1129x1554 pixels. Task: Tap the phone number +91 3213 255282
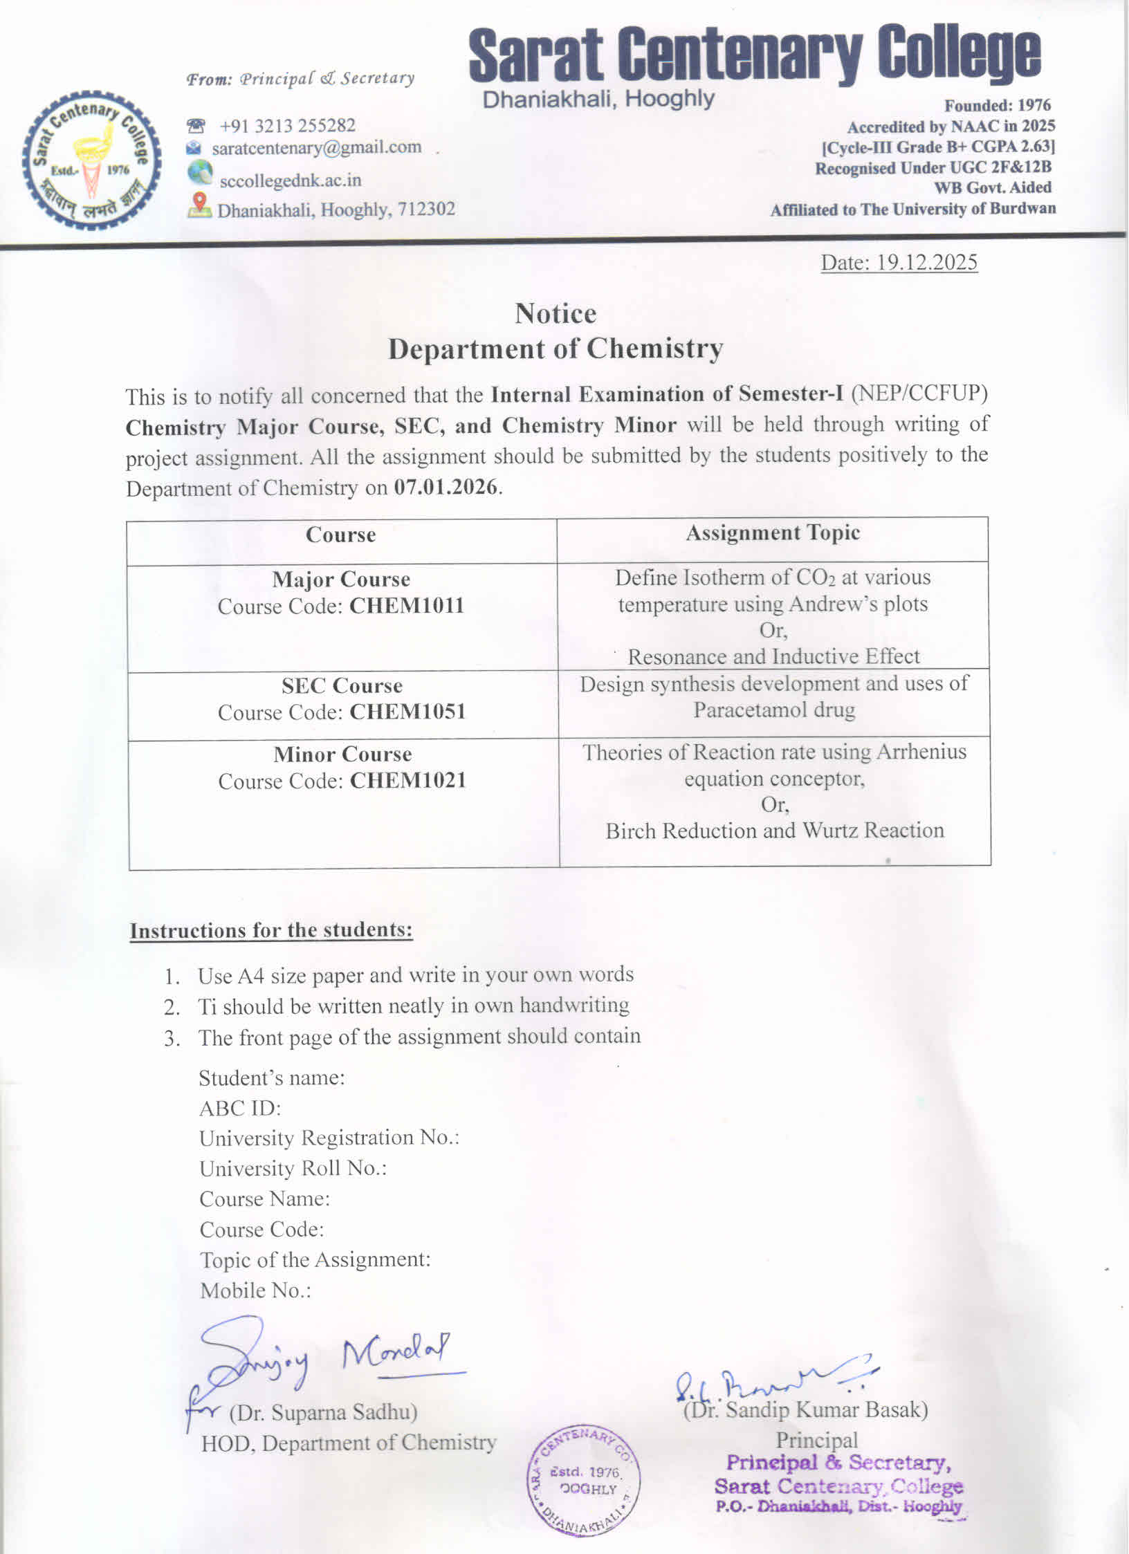287,125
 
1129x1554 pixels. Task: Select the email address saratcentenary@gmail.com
316,147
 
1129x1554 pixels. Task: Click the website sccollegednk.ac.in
290,181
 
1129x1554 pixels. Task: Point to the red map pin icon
200,204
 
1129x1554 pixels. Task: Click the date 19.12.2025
927,262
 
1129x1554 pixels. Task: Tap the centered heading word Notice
556,314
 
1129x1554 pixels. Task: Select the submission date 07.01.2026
446,487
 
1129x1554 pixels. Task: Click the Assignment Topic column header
773,533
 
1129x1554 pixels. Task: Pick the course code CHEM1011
407,606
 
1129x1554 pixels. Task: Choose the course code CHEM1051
407,712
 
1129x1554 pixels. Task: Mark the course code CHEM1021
408,781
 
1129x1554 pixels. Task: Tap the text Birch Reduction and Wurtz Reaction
775,830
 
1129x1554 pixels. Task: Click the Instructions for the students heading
271,930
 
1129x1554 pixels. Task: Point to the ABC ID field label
240,1109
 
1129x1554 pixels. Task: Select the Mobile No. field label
255,1290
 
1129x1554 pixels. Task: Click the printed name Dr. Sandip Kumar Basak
806,1409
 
